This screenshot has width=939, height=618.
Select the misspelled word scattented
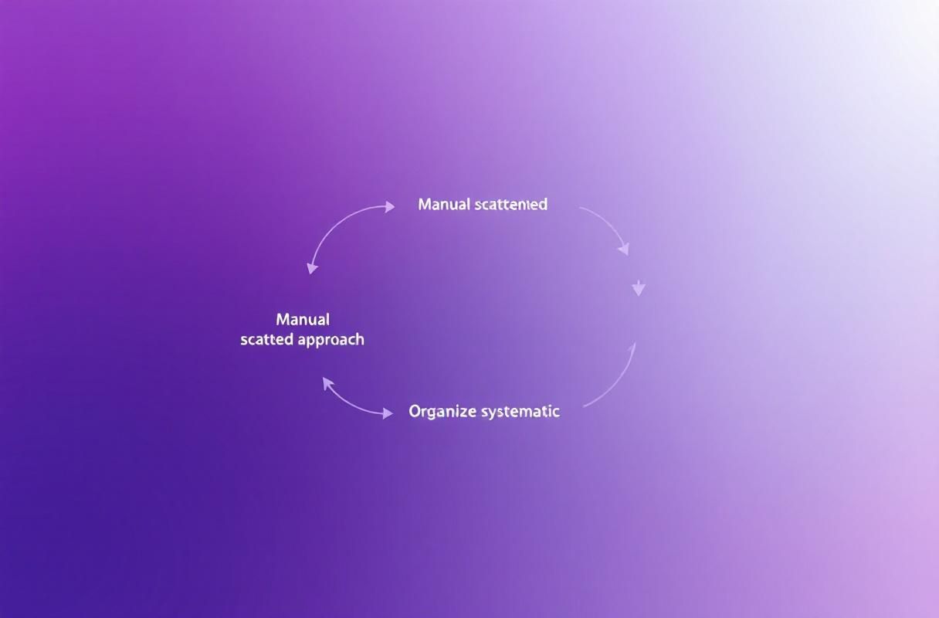click(511, 205)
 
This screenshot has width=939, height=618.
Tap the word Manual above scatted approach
click(303, 320)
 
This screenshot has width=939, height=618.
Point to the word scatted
click(268, 340)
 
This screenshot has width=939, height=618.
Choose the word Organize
click(442, 412)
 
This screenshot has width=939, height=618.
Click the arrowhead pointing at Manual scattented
click(388, 206)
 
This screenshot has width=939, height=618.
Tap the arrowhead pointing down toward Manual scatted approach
click(311, 268)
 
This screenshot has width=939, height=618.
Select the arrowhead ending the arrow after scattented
click(624, 249)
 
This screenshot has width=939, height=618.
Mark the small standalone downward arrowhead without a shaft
click(639, 289)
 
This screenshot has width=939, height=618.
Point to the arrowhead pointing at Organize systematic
click(386, 414)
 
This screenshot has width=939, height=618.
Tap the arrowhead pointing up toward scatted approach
click(327, 382)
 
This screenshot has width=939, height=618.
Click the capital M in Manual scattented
click(424, 205)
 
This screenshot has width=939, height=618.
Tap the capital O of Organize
click(415, 412)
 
